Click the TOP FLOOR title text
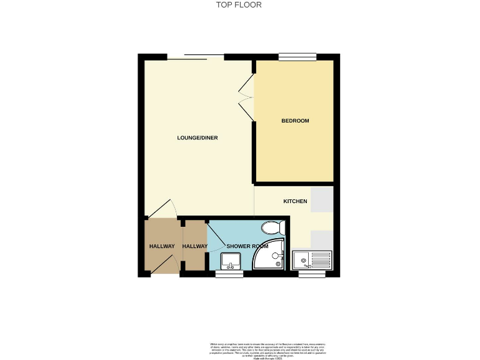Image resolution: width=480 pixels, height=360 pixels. [x=239, y=5]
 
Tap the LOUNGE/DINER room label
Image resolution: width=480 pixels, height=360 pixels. [x=197, y=137]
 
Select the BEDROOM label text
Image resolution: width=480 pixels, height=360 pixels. [x=295, y=121]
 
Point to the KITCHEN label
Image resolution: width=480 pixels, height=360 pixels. [x=295, y=201]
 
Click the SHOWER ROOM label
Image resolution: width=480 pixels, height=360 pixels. [x=247, y=246]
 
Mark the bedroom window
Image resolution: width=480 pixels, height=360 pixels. [x=297, y=57]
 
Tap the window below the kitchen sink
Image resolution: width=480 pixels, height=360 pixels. [x=307, y=274]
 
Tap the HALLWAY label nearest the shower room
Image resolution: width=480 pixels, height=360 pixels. [x=194, y=246]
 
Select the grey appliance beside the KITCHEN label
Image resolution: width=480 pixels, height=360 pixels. [x=322, y=201]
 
